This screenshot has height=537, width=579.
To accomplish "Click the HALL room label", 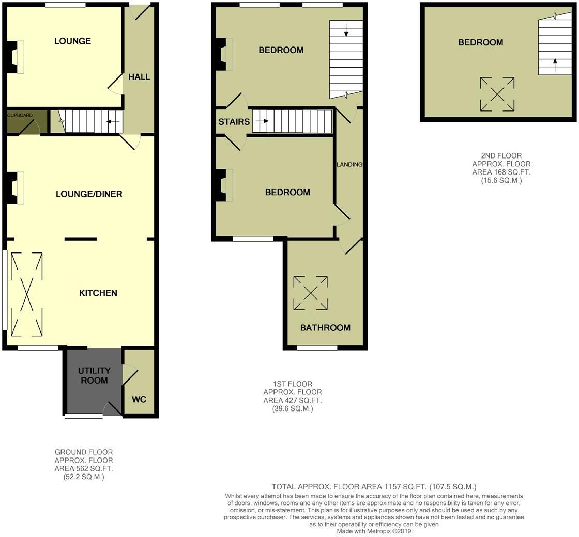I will click(139, 77).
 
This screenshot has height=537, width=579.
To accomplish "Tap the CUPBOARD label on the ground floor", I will click(20, 115).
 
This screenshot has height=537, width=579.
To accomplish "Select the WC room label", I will click(139, 399).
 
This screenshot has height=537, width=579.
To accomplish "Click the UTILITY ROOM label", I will click(94, 375).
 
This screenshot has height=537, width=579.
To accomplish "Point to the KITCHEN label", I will click(98, 293).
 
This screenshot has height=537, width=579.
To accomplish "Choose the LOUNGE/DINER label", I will click(89, 194).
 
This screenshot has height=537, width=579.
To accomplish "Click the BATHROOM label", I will click(325, 327).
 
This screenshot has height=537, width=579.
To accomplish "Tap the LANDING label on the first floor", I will click(349, 164).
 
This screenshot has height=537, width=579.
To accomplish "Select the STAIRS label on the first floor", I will click(234, 122).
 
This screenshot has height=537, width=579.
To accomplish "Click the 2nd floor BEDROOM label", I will click(480, 42).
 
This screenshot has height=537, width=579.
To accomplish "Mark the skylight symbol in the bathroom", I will click(310, 293).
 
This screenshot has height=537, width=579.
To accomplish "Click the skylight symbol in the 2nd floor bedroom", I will click(497, 94).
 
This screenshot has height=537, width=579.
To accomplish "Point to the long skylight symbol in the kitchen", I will click(26, 293).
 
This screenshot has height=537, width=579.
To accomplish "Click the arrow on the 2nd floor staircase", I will click(555, 65).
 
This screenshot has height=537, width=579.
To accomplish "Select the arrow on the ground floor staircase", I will click(113, 122).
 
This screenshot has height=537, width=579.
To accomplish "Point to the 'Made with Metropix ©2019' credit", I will click(374, 531).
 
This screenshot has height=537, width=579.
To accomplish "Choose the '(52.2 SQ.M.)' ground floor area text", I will click(83, 477).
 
